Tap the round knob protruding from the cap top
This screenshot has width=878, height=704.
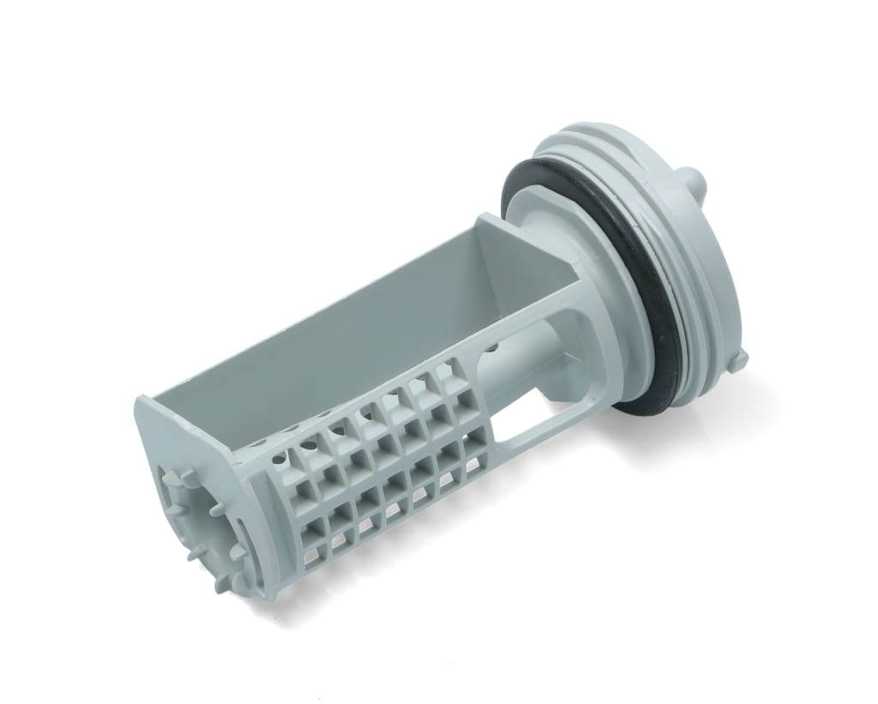click(x=695, y=183)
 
